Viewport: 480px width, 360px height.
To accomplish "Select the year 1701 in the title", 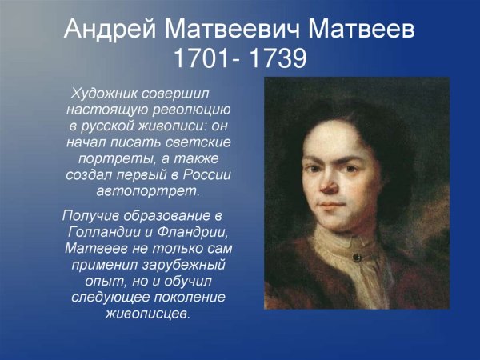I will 203,59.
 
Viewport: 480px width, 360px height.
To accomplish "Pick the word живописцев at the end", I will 149,314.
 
